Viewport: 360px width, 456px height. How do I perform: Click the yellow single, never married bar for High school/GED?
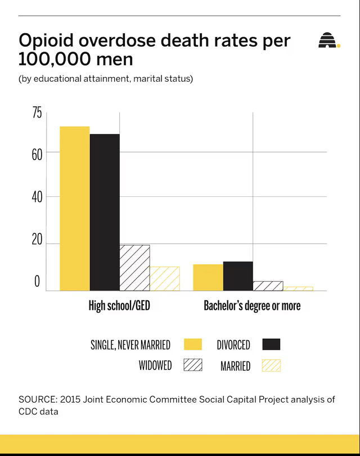point(75,208)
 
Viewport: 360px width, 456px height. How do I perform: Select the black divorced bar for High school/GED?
point(105,212)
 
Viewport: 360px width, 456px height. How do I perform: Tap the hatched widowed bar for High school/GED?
point(134,268)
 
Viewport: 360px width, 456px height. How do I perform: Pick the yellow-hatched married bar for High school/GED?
point(164,278)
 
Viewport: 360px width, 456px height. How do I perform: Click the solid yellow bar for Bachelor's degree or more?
point(208,277)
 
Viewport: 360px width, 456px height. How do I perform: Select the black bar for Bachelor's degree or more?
point(238,276)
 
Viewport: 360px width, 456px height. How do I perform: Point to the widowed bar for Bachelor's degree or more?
point(268,286)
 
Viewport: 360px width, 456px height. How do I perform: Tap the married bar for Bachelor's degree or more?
point(298,288)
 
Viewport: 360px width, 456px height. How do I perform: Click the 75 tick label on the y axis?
point(37,113)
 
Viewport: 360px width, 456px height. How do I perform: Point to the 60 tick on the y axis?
point(37,154)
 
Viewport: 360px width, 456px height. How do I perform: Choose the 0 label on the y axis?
point(37,282)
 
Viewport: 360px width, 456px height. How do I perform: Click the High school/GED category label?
point(119,306)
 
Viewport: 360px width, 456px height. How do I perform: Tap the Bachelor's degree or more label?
point(252,306)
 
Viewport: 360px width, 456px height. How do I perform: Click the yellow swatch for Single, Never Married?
point(193,344)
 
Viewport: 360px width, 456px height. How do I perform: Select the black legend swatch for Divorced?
point(271,344)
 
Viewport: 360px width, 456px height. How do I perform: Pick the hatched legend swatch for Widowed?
point(193,365)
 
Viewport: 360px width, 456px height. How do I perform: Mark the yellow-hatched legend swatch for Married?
point(271,365)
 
